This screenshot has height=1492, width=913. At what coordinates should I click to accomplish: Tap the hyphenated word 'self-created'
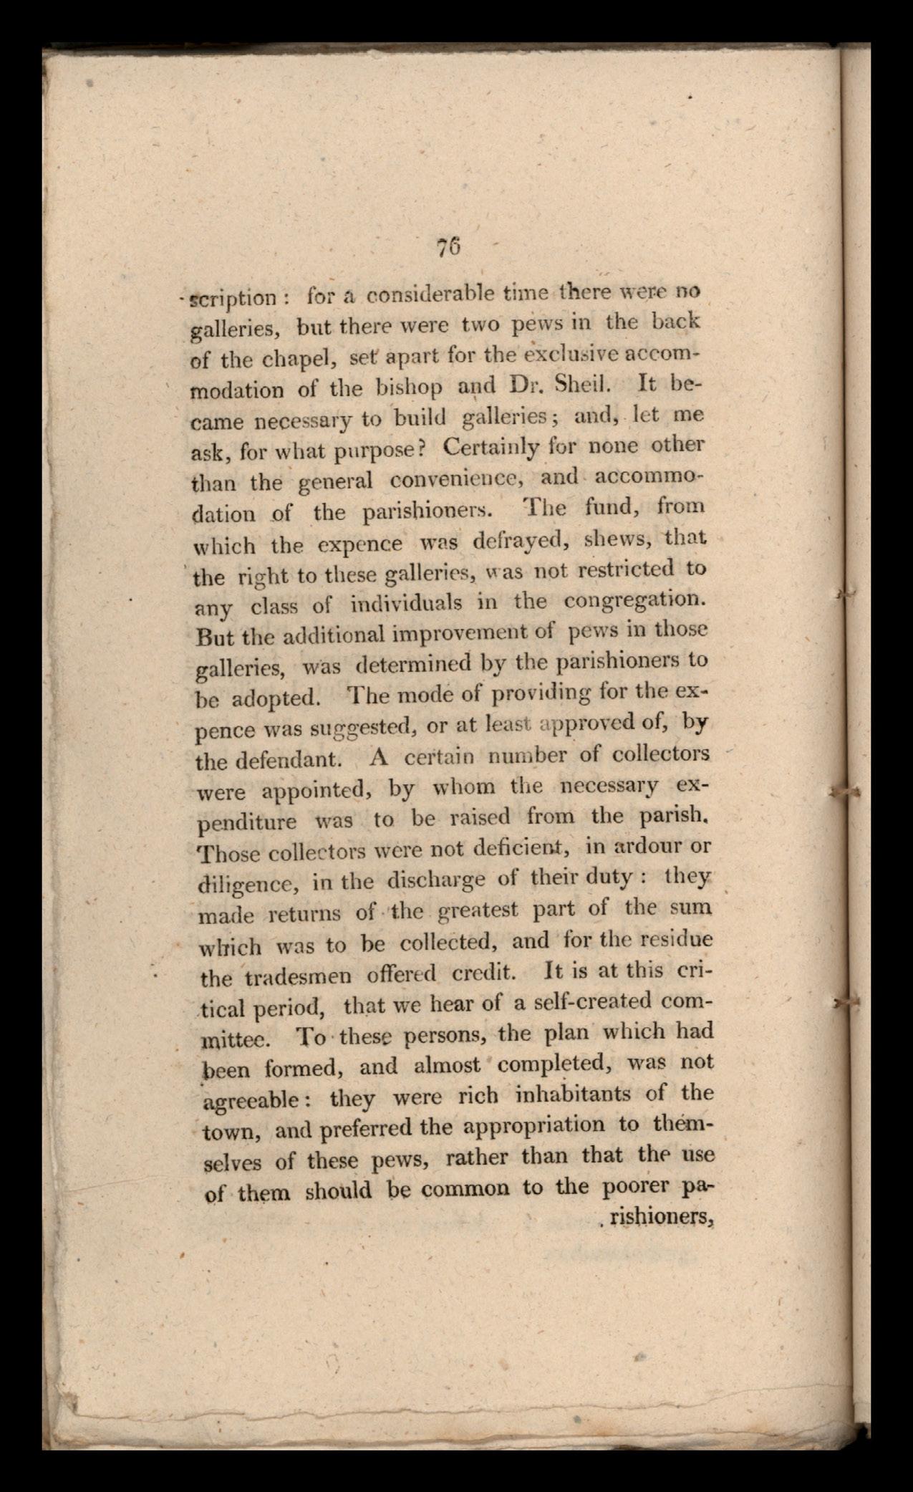[589, 1001]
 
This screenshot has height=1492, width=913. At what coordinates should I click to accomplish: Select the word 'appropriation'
[536, 1125]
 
